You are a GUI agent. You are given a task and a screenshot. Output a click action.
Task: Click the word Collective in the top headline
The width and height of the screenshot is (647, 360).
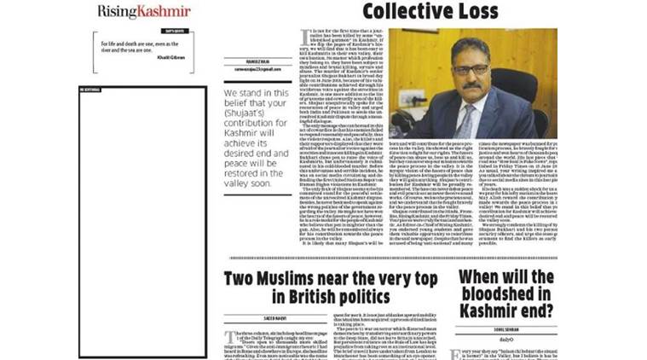[x=401, y=12]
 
